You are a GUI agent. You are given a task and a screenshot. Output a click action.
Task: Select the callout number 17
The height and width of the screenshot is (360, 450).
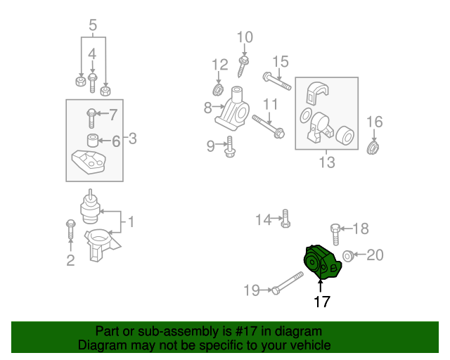pyautogui.click(x=321, y=302)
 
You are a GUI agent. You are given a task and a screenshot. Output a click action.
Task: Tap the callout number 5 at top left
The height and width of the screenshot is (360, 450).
pyautogui.click(x=92, y=27)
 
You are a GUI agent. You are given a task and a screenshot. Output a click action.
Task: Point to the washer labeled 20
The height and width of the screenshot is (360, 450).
pyautogui.click(x=348, y=255)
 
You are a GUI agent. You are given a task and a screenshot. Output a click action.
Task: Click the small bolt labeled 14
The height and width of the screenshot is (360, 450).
pyautogui.click(x=285, y=219)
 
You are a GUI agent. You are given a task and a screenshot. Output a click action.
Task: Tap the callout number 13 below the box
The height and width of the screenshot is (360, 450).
pyautogui.click(x=326, y=163)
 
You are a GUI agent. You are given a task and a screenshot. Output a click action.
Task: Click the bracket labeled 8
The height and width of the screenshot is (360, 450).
pyautogui.click(x=233, y=110)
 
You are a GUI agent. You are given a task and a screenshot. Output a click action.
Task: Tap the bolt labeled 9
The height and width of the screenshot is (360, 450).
pyautogui.click(x=229, y=148)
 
